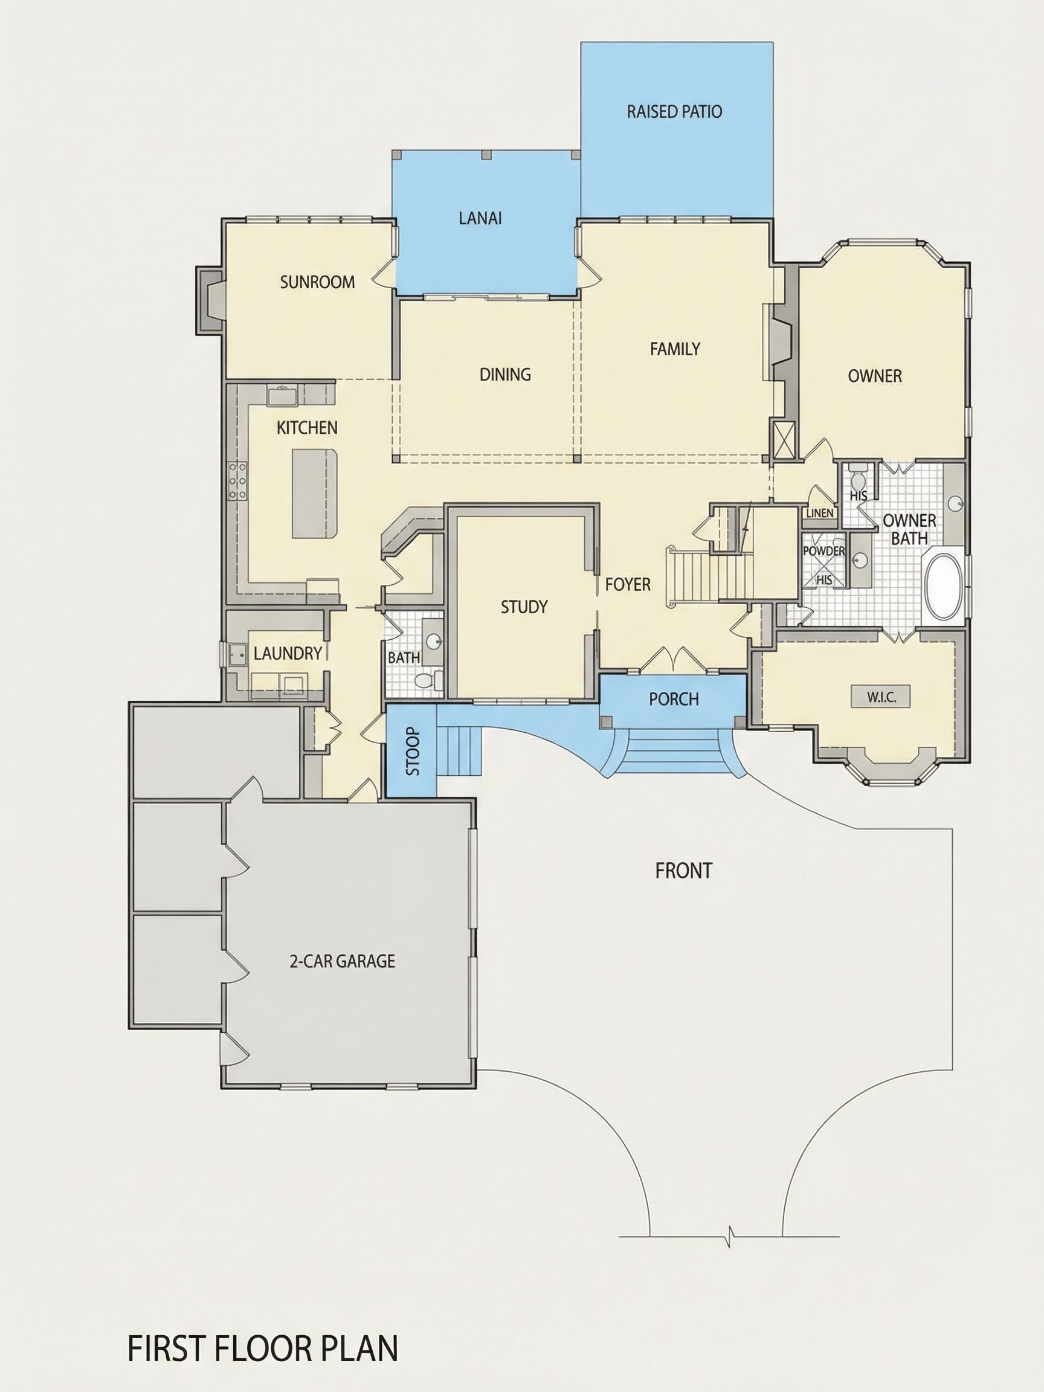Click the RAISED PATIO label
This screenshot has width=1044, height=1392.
[674, 112]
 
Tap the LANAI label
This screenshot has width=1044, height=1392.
[480, 219]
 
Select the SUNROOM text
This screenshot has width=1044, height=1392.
[317, 282]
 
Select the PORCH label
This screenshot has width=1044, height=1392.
[674, 698]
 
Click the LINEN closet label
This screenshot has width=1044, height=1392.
[819, 513]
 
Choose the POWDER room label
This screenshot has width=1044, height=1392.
[823, 550]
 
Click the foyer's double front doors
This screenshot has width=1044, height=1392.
[674, 659]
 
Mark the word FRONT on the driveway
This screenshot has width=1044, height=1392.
[683, 871]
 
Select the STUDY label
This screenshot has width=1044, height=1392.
[524, 607]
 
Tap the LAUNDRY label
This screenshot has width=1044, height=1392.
[288, 653]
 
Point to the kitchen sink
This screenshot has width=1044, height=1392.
[282, 396]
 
